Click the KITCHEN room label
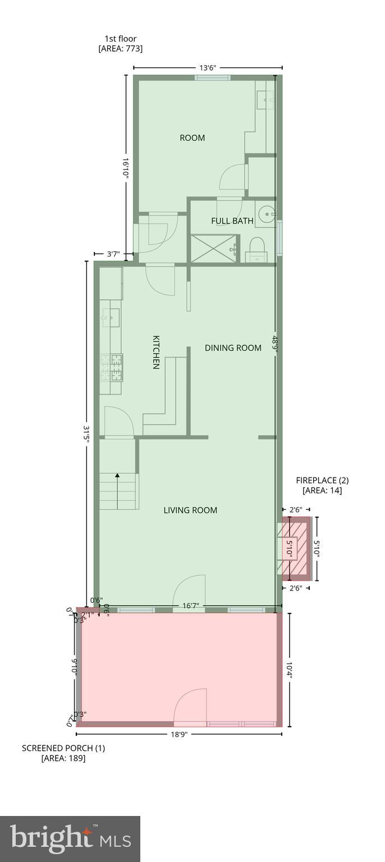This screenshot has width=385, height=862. pyautogui.click(x=157, y=352)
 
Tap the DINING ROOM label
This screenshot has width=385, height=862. pyautogui.click(x=233, y=348)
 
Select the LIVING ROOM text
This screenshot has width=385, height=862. pyautogui.click(x=190, y=510)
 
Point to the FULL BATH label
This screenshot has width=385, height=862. pyautogui.click(x=232, y=221)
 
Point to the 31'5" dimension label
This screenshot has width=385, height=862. pyautogui.click(x=86, y=435)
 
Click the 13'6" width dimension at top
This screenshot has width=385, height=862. pyautogui.click(x=207, y=68)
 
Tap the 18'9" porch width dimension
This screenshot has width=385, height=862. pyautogui.click(x=179, y=734)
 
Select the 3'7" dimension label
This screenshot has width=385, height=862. pyautogui.click(x=113, y=254)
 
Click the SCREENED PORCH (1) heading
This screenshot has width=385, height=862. pyautogui.click(x=63, y=748)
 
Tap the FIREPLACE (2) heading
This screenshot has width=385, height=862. pyautogui.click(x=322, y=480)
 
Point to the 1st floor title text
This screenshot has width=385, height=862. pyautogui.click(x=121, y=39)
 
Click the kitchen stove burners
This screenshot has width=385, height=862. pyautogui.click(x=117, y=367)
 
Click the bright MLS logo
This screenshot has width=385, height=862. pyautogui.click(x=70, y=839)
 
